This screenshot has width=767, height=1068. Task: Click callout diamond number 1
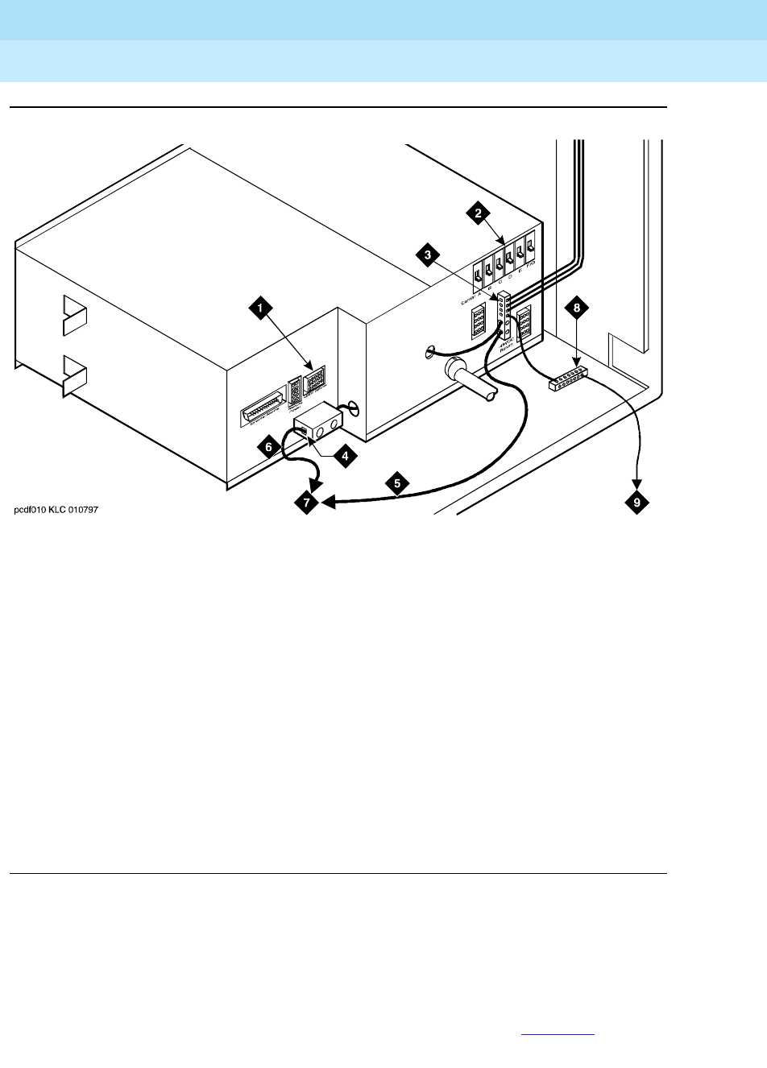point(259,306)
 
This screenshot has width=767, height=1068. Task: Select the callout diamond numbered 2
point(479,213)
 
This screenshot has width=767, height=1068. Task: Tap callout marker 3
point(428,255)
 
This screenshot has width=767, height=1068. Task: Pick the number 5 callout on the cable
point(396,483)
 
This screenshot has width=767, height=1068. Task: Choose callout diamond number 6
point(270,445)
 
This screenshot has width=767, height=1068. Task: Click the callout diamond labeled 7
point(305,503)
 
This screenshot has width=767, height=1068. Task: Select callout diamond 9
point(636,503)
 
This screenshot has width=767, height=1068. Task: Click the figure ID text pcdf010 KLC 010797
point(56,510)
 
